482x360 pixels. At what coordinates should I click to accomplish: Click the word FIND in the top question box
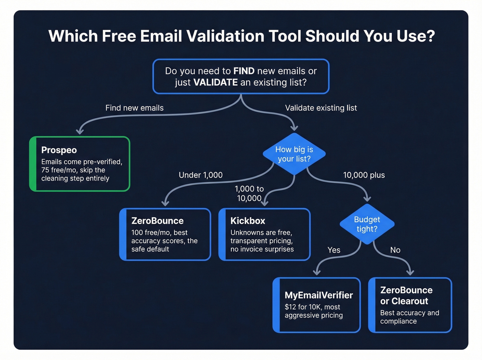point(244,71)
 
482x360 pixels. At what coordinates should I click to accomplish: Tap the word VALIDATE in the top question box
point(216,82)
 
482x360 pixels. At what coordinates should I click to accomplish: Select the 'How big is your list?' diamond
point(294,154)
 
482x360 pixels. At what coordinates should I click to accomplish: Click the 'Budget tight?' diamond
point(367,224)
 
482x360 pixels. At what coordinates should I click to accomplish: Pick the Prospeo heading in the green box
point(59,150)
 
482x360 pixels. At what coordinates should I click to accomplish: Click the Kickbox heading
point(248,221)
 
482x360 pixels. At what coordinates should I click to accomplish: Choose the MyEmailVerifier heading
point(318,295)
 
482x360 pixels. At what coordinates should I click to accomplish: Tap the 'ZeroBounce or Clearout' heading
point(406,296)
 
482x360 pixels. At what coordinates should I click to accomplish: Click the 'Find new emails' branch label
point(134,108)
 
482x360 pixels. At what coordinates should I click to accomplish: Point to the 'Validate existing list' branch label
point(321,108)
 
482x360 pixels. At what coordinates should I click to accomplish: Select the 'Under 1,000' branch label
point(200,175)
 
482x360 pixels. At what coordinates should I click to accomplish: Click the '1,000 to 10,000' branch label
point(249,194)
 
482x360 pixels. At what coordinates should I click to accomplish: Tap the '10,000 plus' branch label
point(364,175)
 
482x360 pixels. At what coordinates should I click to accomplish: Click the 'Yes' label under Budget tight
point(334,250)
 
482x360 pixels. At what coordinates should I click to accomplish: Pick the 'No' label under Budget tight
point(395,250)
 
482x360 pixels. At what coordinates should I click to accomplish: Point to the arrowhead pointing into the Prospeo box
point(80,131)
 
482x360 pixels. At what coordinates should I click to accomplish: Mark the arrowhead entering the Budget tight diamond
point(367,199)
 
